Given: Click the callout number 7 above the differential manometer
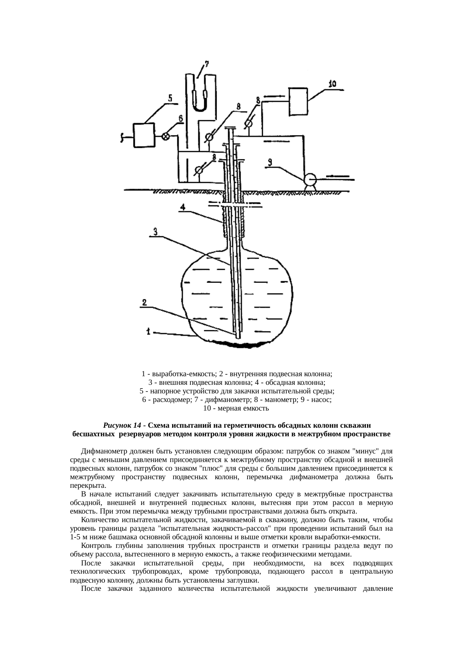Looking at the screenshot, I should coord(206,64).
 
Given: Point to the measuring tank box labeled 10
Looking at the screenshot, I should coord(298,101).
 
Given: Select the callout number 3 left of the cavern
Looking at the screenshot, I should coord(156,231).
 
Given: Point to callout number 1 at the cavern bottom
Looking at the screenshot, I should coord(149,331).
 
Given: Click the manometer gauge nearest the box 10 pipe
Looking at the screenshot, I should coord(248,124).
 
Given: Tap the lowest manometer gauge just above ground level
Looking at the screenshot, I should coord(199,170).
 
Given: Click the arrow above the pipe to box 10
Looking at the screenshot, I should coord(274,97).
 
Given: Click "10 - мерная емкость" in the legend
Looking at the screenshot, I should coord(236,408).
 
